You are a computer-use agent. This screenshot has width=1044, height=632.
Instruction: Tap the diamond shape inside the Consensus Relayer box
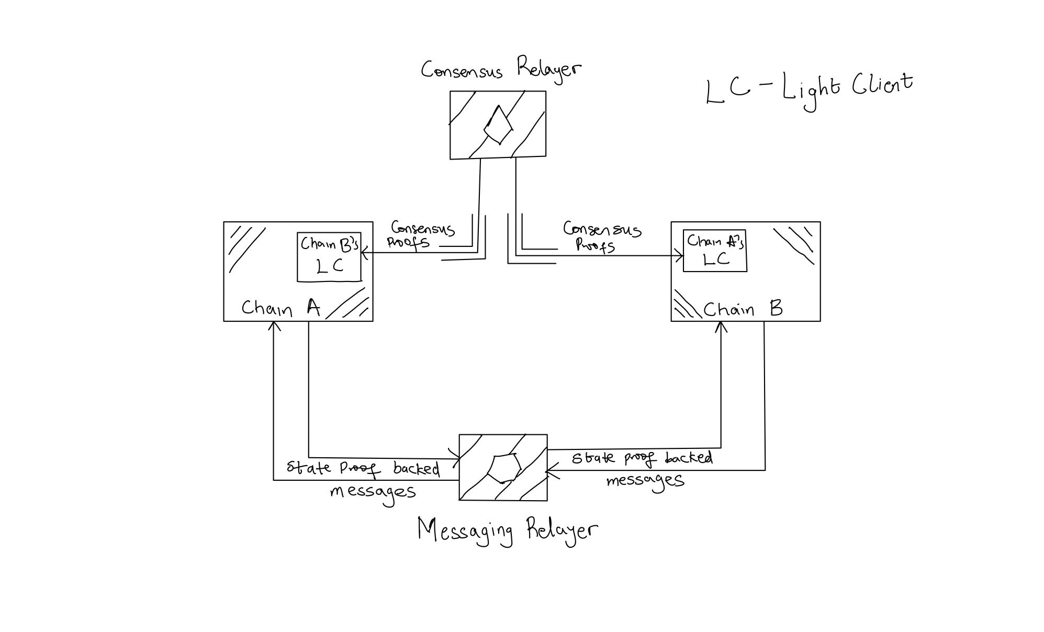tap(498, 125)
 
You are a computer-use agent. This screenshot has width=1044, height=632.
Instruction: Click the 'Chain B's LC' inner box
tap(329, 257)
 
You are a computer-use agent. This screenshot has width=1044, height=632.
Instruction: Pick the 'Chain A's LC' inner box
tap(715, 251)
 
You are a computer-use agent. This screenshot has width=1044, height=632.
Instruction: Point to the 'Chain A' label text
tap(281, 308)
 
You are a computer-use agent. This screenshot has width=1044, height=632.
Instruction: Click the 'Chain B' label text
tap(743, 309)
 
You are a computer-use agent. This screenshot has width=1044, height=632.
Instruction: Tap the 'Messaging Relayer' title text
tap(507, 531)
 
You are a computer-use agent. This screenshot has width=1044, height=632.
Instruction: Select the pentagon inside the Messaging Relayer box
tap(504, 468)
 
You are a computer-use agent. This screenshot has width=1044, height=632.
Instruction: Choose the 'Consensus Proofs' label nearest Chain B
tap(601, 236)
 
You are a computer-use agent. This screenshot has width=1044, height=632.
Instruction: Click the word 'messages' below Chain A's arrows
tap(373, 492)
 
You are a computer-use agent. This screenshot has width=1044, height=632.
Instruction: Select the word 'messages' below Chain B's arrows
tap(645, 480)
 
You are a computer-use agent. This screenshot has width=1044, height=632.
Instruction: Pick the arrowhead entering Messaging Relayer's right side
tap(549, 470)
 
